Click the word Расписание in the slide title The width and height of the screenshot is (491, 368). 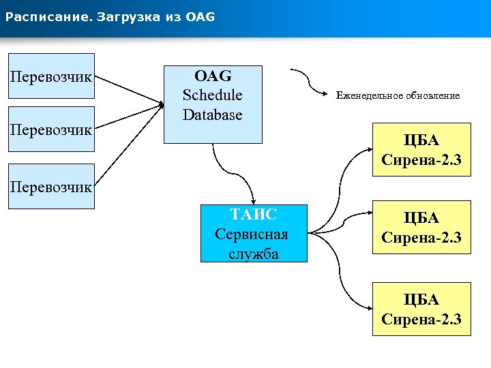[42, 16]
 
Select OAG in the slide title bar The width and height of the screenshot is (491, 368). [200, 16]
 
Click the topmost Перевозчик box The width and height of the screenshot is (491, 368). [51, 76]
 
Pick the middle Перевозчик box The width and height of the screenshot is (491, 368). [51, 129]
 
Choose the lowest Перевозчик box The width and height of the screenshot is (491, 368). [51, 186]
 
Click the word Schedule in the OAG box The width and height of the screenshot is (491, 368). [212, 95]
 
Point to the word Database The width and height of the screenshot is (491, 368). [212, 114]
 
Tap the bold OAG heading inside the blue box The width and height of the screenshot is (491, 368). [212, 75]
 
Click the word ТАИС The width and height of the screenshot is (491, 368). [253, 215]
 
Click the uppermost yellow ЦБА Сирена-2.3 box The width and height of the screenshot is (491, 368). [421, 150]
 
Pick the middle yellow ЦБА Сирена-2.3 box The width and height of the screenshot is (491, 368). [421, 228]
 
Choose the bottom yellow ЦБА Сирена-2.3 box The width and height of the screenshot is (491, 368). [421, 309]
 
